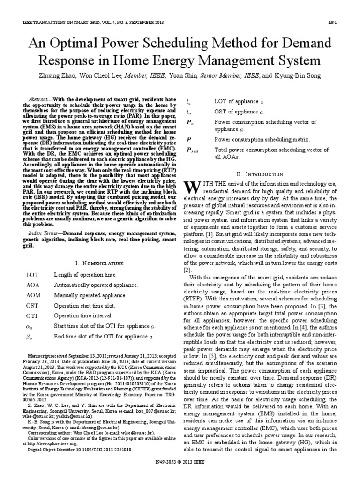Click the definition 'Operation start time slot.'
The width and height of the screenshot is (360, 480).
click(87, 305)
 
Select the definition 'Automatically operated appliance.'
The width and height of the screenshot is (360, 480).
click(96, 285)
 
